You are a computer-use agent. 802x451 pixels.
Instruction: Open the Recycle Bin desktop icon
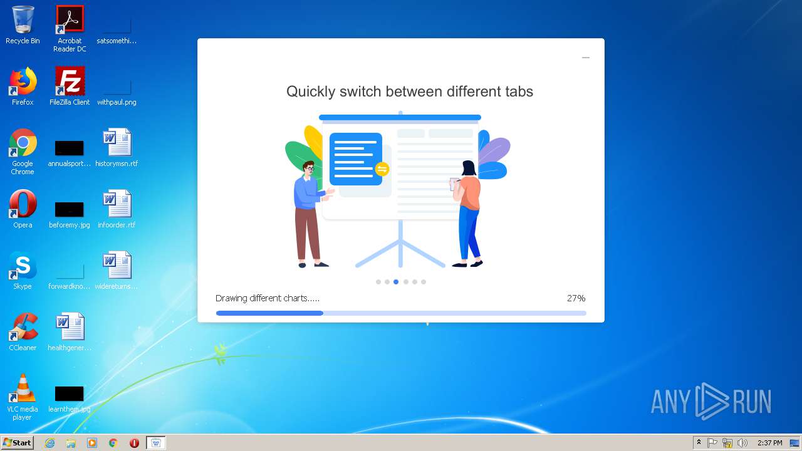click(23, 20)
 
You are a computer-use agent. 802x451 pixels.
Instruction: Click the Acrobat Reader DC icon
click(70, 20)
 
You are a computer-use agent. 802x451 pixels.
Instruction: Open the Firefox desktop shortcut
click(23, 81)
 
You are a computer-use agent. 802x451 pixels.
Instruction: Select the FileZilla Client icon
click(70, 81)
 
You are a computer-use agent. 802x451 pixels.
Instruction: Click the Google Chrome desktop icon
click(23, 143)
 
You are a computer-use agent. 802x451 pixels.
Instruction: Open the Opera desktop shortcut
click(23, 204)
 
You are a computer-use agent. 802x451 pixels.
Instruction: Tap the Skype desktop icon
click(23, 266)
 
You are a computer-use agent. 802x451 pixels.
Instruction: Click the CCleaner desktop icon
click(23, 327)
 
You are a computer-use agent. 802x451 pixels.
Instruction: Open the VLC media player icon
click(23, 388)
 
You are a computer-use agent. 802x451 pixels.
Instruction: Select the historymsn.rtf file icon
click(117, 143)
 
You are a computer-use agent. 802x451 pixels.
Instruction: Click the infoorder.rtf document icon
click(117, 204)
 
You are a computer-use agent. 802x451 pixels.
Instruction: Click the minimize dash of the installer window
click(586, 58)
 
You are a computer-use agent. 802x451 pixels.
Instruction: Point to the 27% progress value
click(576, 298)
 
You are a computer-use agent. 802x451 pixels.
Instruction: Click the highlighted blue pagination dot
click(396, 282)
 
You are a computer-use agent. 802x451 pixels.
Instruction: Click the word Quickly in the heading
click(310, 91)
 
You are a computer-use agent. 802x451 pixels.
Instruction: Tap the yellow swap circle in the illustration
click(382, 169)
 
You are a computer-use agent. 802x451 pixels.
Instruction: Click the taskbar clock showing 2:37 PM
click(769, 443)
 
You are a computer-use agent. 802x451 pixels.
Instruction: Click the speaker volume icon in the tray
click(742, 443)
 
